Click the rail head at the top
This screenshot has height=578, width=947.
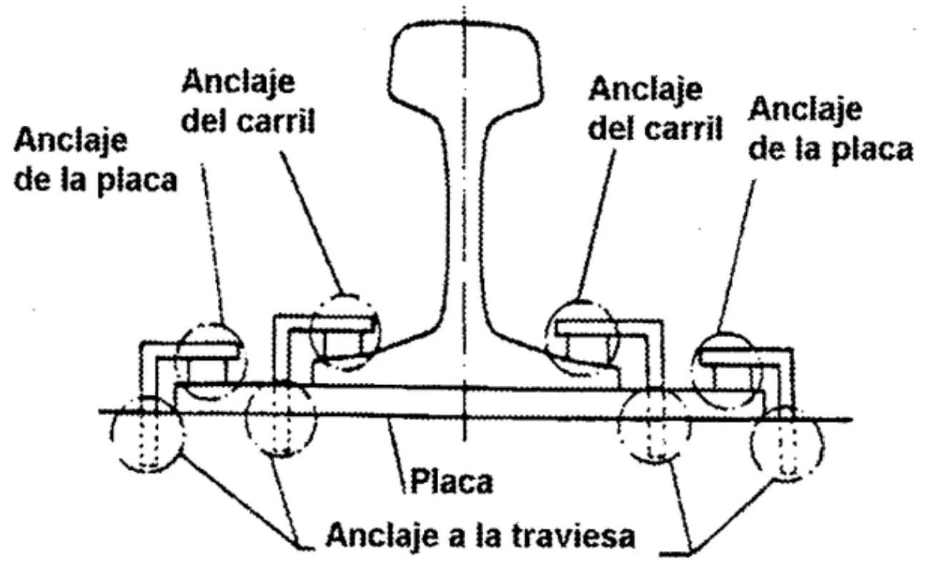[465, 64]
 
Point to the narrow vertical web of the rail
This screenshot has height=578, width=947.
[465, 214]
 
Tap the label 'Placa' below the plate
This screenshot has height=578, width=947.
[450, 482]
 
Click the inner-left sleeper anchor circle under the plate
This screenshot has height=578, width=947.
[279, 422]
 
